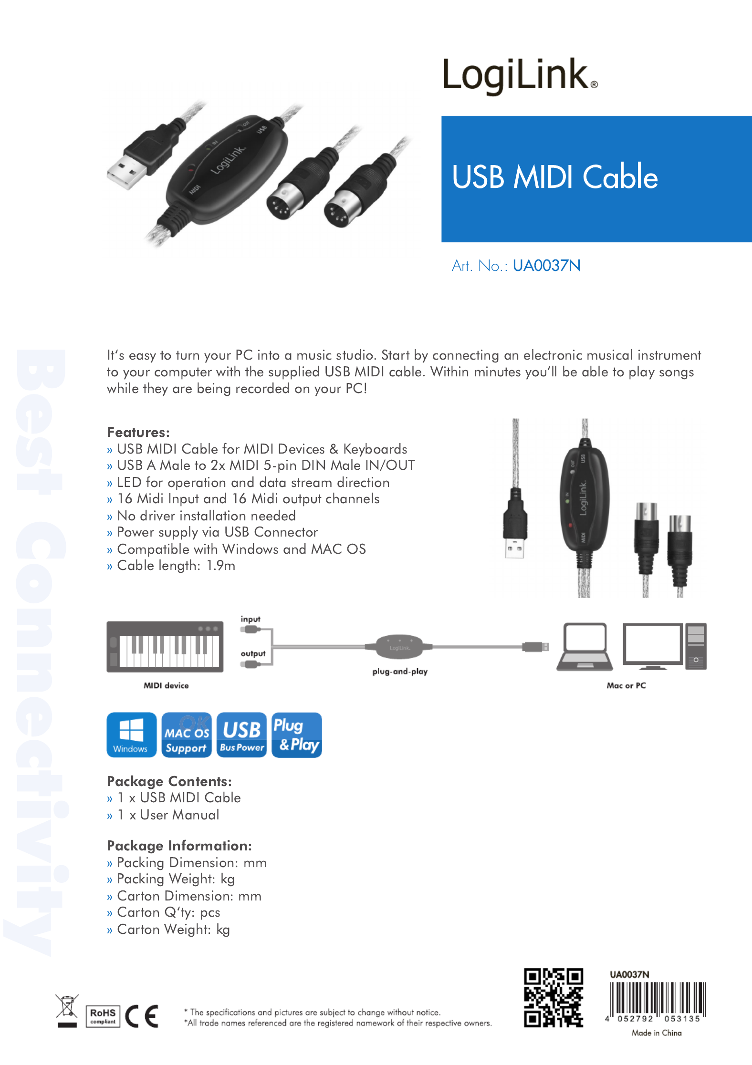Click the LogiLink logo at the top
tap(520, 75)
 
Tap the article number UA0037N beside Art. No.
tap(547, 266)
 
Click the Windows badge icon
tap(132, 735)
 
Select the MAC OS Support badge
tap(187, 735)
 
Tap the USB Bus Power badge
tap(242, 735)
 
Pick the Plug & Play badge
tap(297, 735)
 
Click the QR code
tap(554, 997)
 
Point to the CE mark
tap(142, 1016)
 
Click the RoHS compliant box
tap(103, 1016)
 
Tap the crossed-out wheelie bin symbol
tap(67, 1011)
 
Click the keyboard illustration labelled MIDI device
tap(165, 647)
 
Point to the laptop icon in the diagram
tap(585, 646)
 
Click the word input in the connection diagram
tap(251, 619)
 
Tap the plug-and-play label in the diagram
tap(400, 672)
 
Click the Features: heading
tap(138, 432)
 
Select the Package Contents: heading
tap(169, 781)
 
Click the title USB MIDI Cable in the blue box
tap(555, 177)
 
